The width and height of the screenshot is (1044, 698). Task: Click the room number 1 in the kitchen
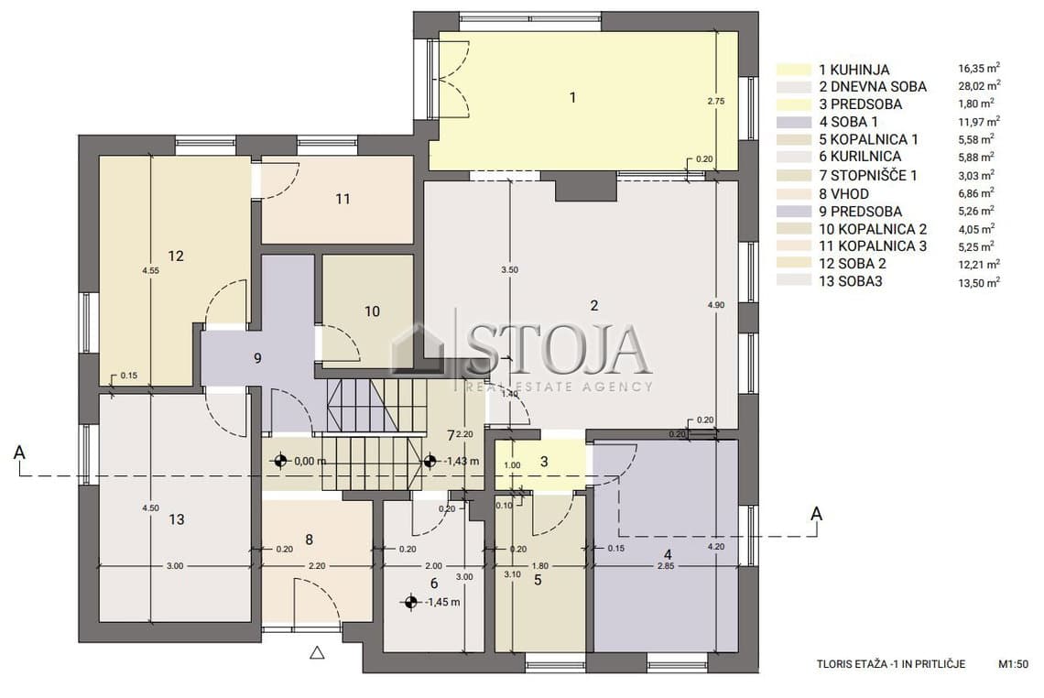click(x=572, y=98)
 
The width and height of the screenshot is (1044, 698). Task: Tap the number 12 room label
click(x=176, y=256)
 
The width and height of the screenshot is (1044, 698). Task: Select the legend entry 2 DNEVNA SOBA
click(x=873, y=87)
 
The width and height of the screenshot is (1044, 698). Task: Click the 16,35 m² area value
click(x=979, y=68)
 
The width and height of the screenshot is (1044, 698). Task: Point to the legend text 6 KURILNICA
click(x=860, y=157)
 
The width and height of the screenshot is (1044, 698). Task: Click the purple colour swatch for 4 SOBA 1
click(x=794, y=122)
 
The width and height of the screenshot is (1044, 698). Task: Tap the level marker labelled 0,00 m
click(x=280, y=460)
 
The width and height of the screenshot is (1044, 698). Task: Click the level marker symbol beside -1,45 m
click(x=410, y=603)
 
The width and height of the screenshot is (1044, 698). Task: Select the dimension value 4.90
click(x=716, y=304)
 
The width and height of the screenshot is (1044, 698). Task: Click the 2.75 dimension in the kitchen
click(x=716, y=102)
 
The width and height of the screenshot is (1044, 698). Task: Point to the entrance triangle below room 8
click(x=317, y=653)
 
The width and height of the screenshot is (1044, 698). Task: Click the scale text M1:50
click(x=1013, y=664)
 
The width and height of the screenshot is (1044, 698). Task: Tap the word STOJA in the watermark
click(x=557, y=349)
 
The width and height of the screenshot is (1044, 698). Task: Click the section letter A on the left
click(x=19, y=453)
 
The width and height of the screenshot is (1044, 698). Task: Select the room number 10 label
click(x=372, y=311)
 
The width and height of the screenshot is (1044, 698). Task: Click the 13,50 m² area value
click(x=979, y=282)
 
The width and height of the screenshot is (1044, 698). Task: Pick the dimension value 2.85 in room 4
click(x=666, y=566)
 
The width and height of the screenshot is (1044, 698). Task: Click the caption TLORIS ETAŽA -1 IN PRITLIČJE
click(x=891, y=664)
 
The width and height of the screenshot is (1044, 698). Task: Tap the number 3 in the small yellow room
click(x=544, y=461)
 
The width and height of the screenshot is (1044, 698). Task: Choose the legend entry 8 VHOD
click(x=843, y=194)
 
